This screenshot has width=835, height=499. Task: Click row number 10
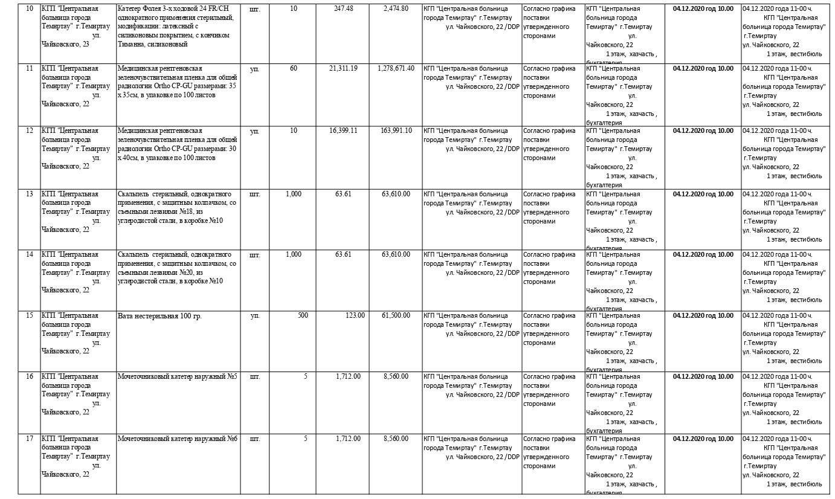[29, 9]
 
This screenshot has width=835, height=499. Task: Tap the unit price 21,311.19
[343, 68]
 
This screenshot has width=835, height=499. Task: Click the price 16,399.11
[343, 130]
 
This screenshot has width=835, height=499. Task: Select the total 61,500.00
[396, 315]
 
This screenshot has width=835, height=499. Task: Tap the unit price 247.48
[344, 8]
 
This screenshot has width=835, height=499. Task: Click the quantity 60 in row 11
[294, 68]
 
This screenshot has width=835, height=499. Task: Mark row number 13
[29, 194]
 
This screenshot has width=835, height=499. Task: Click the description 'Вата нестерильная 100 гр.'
[160, 316]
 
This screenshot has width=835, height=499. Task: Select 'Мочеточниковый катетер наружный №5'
[178, 376]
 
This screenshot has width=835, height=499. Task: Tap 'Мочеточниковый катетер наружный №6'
[178, 439]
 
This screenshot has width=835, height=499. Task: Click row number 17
[29, 439]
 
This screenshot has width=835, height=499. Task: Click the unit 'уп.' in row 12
[254, 130]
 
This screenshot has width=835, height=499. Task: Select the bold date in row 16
[703, 376]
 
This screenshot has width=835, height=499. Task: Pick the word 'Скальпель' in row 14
[133, 254]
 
